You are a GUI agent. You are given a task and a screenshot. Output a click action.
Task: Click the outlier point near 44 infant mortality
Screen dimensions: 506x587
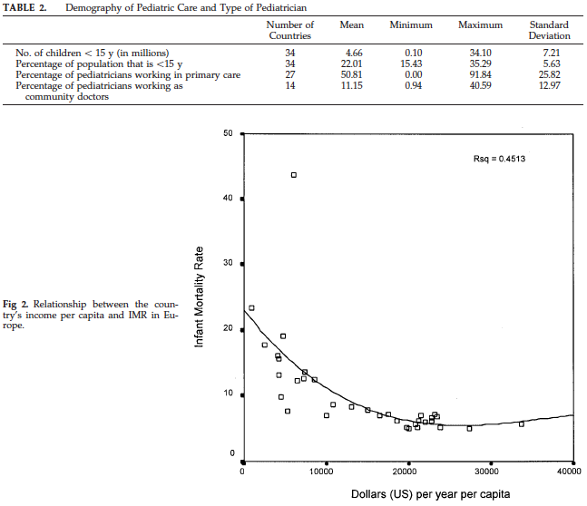(293, 175)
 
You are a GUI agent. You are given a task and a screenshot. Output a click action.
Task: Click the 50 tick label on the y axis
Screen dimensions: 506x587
(229, 133)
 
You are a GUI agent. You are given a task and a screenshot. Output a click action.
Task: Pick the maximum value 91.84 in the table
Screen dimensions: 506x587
(480, 74)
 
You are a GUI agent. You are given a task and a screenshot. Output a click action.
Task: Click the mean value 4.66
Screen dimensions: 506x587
(351, 54)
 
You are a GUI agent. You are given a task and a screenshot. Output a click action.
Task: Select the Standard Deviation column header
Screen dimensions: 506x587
(549, 30)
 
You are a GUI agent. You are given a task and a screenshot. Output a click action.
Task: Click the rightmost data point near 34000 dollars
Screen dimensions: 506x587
(521, 423)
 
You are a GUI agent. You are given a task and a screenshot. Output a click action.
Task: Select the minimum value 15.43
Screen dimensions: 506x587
(411, 64)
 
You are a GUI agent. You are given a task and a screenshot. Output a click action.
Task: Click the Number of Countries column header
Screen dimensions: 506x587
(290, 30)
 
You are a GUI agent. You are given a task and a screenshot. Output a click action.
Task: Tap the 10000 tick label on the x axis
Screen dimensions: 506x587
(324, 472)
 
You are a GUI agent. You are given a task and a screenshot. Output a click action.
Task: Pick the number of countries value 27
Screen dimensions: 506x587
(290, 74)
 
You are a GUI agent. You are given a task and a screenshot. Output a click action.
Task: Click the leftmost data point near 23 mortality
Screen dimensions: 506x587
(251, 308)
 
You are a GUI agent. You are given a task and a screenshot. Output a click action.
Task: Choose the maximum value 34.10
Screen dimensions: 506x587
(480, 54)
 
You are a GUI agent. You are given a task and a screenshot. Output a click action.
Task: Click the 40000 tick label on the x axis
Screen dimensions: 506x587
(568, 472)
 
